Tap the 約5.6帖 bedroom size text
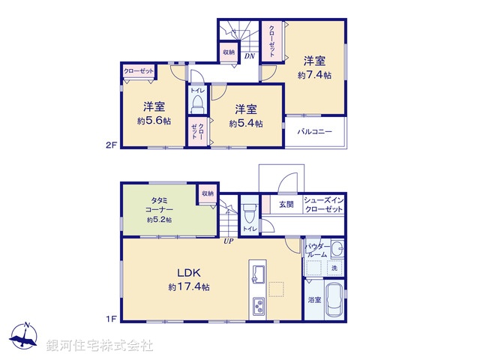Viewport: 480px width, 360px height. click(154, 121)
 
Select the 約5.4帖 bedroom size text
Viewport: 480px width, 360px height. click(245, 123)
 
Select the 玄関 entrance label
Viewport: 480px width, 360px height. click(286, 203)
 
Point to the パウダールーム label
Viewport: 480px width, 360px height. click(316, 250)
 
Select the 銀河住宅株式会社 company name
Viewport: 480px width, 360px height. click(100, 346)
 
